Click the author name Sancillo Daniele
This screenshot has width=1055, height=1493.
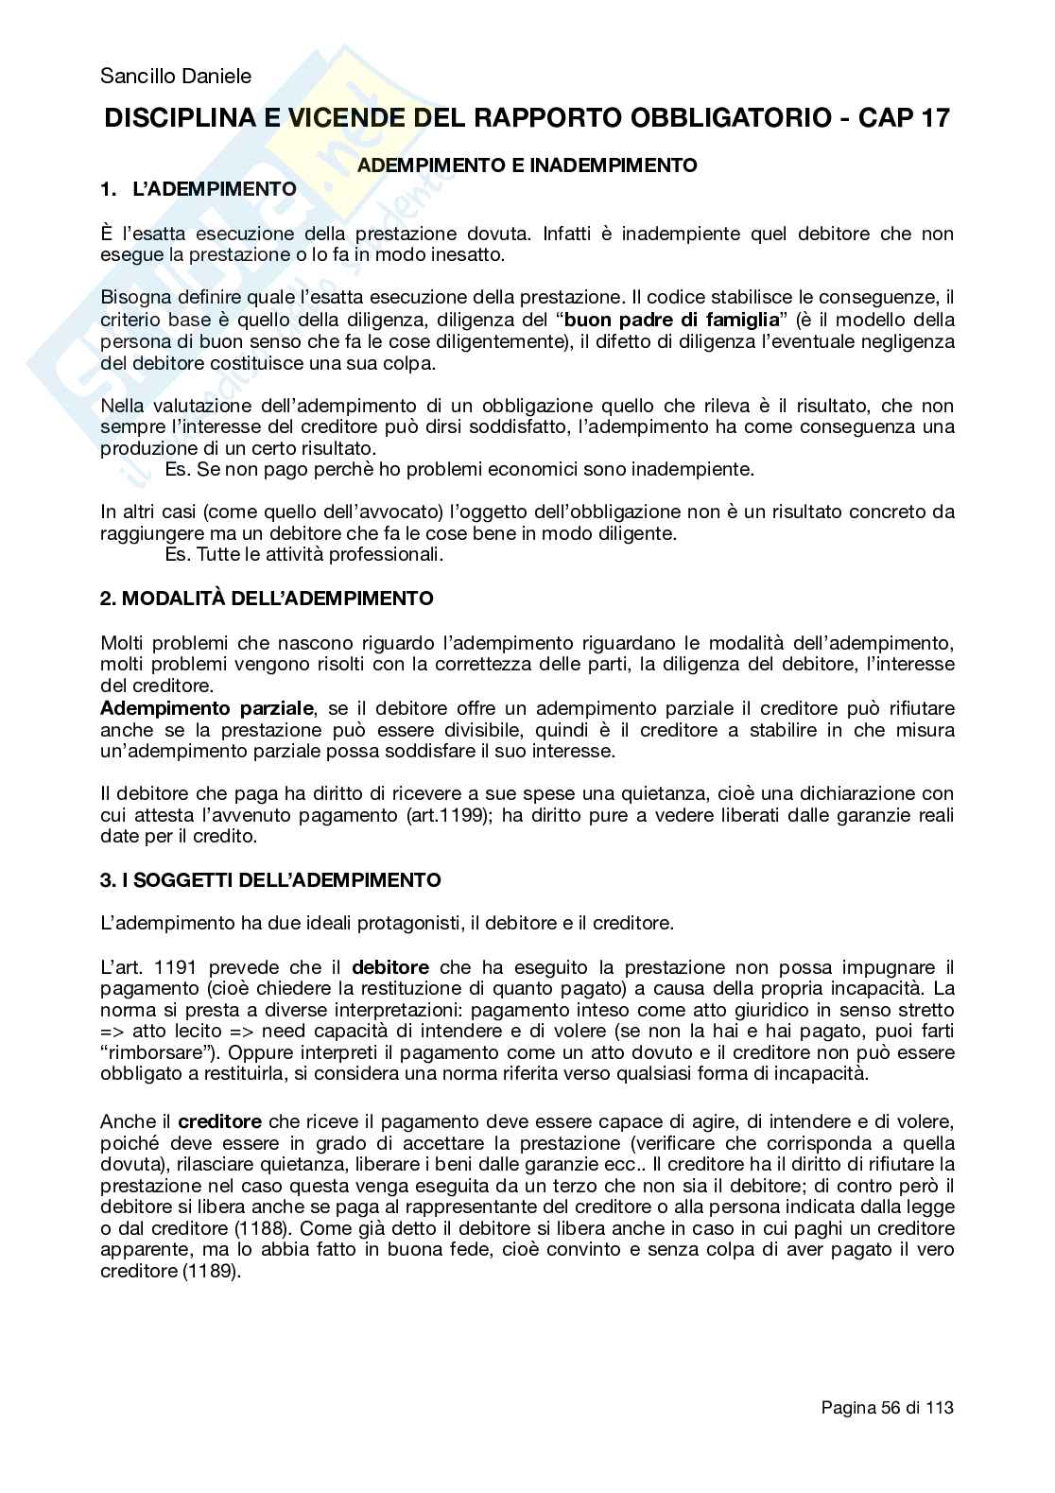tap(176, 77)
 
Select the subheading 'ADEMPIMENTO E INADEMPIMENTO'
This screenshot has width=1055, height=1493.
tap(527, 165)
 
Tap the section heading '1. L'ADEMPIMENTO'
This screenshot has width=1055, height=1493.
tap(199, 188)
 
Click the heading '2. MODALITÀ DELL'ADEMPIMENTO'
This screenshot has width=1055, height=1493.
tap(268, 599)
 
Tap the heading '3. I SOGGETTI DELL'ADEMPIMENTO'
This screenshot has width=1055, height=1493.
tap(270, 880)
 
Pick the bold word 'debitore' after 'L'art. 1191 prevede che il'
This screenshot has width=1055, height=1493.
tap(390, 967)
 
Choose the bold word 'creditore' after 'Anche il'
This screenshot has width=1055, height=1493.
tap(219, 1121)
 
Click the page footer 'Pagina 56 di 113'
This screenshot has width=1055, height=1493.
tap(887, 1408)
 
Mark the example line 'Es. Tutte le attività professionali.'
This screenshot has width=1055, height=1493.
tap(304, 554)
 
